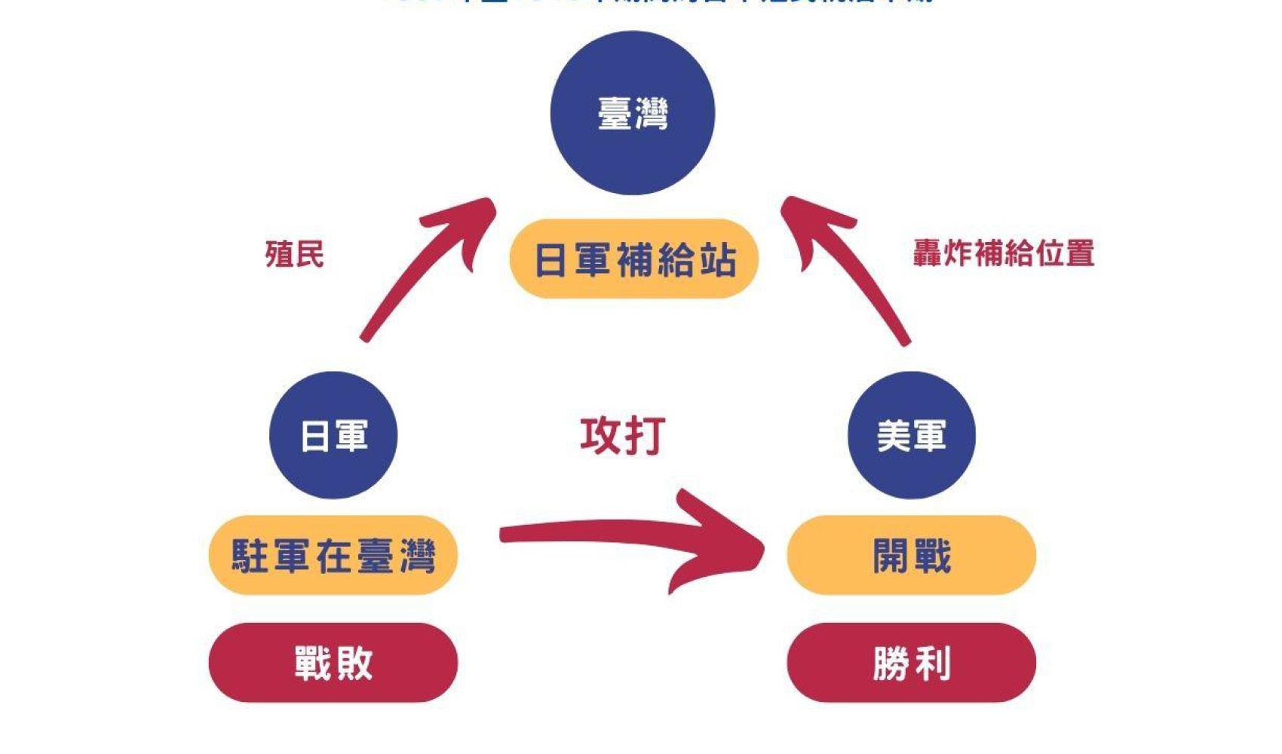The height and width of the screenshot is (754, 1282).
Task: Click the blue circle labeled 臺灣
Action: click(632, 113)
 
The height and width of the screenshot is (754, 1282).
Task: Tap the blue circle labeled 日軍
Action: click(333, 435)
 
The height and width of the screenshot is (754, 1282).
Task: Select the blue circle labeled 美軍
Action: click(911, 435)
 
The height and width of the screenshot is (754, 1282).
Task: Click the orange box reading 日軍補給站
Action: click(634, 259)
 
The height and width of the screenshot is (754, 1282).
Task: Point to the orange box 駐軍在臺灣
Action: click(333, 556)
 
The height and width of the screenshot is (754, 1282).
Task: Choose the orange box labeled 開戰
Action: click(911, 556)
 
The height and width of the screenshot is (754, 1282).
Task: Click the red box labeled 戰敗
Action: click(333, 663)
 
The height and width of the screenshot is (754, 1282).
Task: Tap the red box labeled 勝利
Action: click(911, 663)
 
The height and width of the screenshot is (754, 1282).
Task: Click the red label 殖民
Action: click(294, 254)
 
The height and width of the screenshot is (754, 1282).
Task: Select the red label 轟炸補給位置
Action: click(1003, 253)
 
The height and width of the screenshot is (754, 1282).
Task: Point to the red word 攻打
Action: click(622, 436)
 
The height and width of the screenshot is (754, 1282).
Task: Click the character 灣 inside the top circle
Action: click(650, 114)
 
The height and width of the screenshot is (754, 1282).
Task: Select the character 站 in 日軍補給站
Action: click(717, 260)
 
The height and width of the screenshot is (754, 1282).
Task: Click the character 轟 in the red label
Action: click(928, 253)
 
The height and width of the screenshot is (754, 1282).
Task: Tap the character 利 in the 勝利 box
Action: click(933, 664)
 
